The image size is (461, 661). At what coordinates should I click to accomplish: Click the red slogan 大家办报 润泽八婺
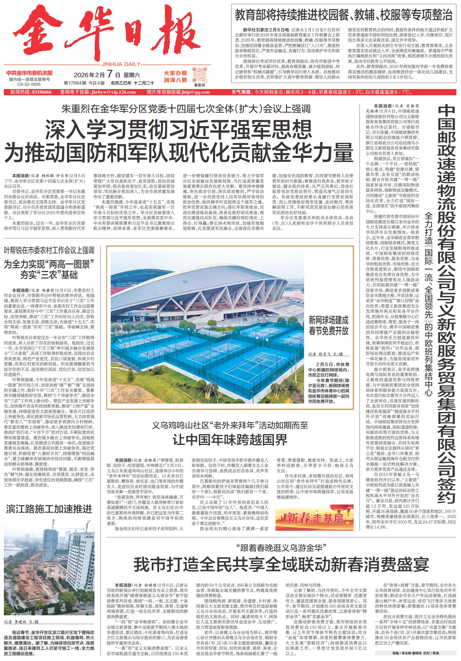pos(175,77)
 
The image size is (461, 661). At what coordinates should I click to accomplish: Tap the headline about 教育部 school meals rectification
pos(344,15)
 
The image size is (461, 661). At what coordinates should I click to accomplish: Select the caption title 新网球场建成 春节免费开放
pos(328,325)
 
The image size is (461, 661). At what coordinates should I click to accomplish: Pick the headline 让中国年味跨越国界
pos(230,440)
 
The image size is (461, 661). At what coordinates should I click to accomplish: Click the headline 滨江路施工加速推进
pos(49,509)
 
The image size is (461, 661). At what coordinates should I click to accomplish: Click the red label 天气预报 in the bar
pos(241,92)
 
